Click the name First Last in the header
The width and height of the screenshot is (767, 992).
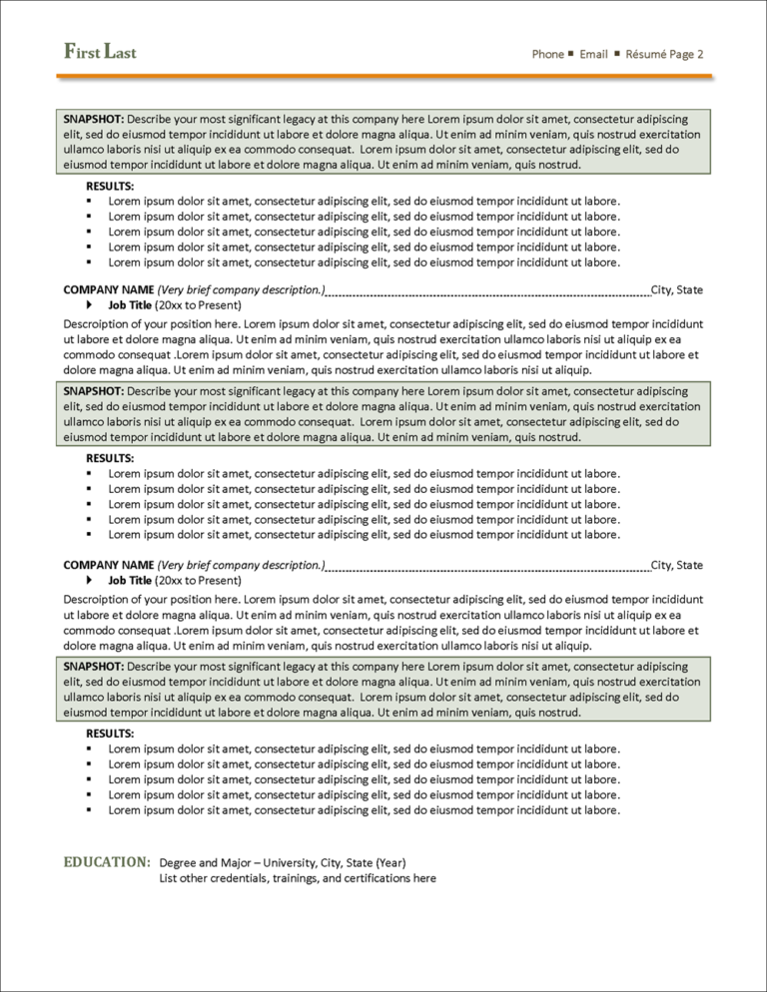pyautogui.click(x=100, y=52)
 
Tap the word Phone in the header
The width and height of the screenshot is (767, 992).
pyautogui.click(x=547, y=54)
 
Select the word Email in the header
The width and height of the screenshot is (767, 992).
pyautogui.click(x=593, y=54)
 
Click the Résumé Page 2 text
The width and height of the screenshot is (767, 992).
pyautogui.click(x=664, y=54)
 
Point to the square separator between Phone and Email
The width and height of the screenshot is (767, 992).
pyautogui.click(x=571, y=53)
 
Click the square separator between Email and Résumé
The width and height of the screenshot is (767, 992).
pyautogui.click(x=616, y=53)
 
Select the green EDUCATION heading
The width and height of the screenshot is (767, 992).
pyautogui.click(x=107, y=861)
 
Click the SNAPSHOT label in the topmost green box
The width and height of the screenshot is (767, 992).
pyautogui.click(x=93, y=119)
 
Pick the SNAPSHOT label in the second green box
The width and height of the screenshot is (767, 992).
pyautogui.click(x=93, y=391)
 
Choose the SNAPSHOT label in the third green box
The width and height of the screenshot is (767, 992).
pyautogui.click(x=93, y=666)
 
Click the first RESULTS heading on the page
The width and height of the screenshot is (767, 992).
pyautogui.click(x=110, y=186)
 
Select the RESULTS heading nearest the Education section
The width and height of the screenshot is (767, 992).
pyautogui.click(x=110, y=734)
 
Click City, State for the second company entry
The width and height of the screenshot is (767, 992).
pyautogui.click(x=676, y=565)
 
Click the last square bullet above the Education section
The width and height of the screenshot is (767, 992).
pyautogui.click(x=90, y=810)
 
